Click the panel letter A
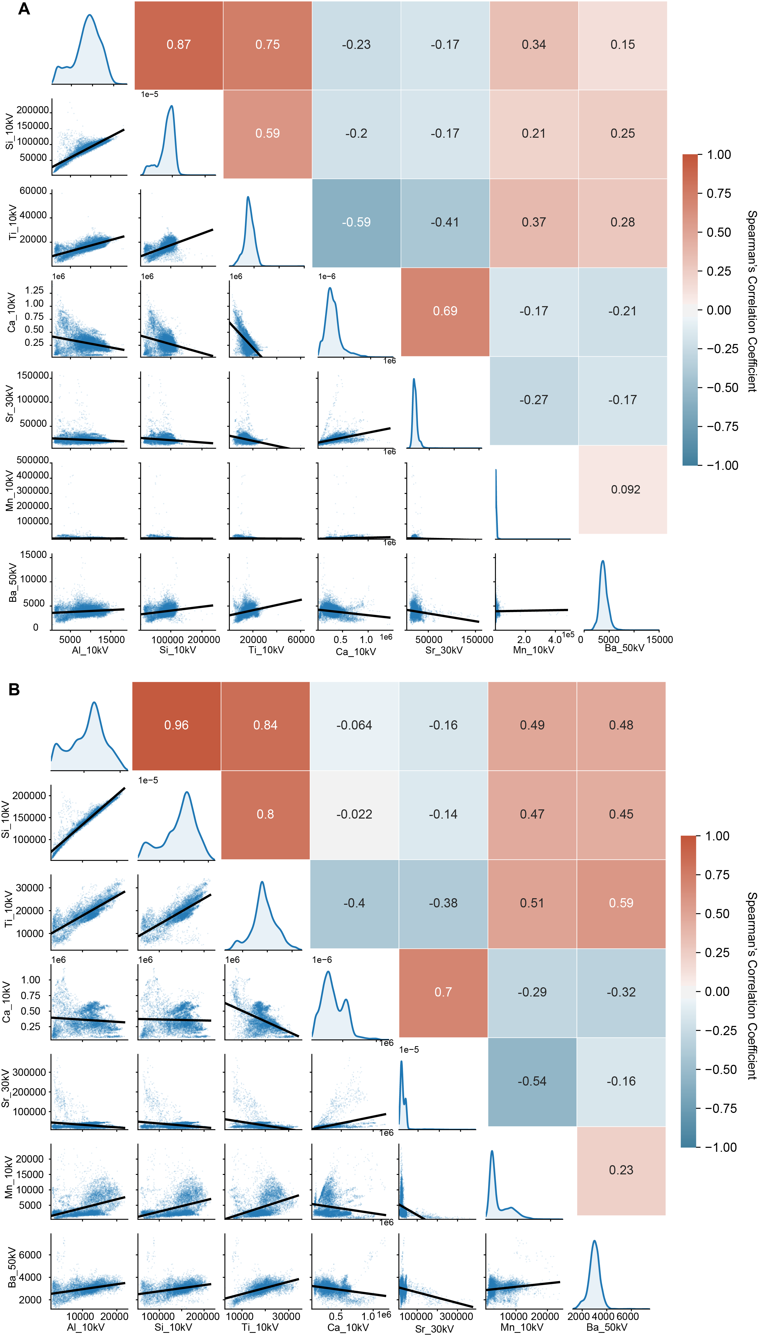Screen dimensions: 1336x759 tap(24, 9)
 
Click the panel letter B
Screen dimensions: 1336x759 tap(14, 690)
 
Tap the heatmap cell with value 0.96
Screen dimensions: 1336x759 tap(176, 725)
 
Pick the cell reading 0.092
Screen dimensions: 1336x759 tap(625, 490)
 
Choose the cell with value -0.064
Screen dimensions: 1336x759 tap(354, 725)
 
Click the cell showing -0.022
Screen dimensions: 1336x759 tap(354, 814)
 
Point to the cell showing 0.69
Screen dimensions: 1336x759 tap(445, 311)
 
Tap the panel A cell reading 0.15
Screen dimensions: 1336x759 tap(622, 45)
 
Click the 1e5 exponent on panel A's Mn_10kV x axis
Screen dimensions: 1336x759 tap(568, 635)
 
